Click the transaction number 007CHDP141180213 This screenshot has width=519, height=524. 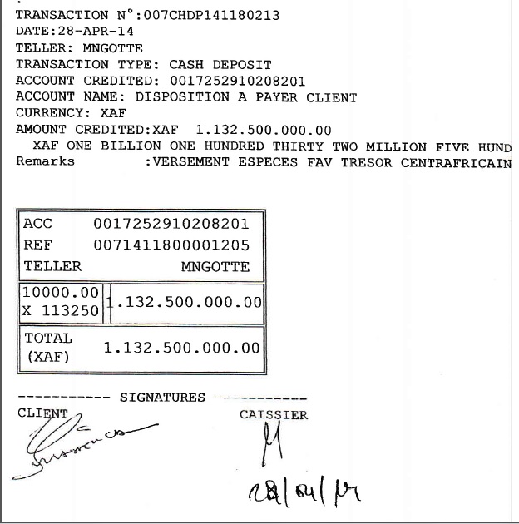coord(211,15)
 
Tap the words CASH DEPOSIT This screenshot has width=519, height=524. coord(220,64)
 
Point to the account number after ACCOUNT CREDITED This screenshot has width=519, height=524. coord(237,81)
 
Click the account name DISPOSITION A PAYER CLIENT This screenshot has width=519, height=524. coord(246,97)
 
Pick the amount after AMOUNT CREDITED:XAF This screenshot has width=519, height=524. coord(263,130)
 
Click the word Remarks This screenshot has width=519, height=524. coord(45,161)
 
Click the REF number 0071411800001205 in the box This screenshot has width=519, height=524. coord(171,245)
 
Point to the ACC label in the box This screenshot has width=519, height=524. coord(38,224)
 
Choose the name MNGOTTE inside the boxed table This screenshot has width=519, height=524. coord(215,267)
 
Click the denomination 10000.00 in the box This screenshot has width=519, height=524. coord(61,293)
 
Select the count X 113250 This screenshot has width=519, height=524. coord(61,311)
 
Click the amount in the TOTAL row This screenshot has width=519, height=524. coord(181,349)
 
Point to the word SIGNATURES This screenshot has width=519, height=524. coord(162,398)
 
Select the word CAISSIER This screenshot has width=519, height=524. coord(274,414)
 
